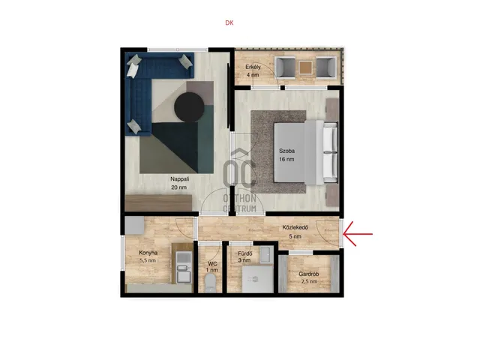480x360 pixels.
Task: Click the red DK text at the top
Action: (x=229, y=22)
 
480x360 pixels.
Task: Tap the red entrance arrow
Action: (x=358, y=234)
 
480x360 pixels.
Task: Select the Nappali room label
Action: (x=180, y=179)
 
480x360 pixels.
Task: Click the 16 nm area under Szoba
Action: (x=286, y=159)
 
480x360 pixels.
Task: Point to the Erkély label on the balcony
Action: (x=253, y=67)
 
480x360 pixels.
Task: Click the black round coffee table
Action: (x=189, y=106)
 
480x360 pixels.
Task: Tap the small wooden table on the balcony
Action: (x=305, y=67)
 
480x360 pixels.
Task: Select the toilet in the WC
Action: (x=210, y=282)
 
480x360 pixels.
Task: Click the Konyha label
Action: (x=148, y=253)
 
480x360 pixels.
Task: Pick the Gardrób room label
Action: (x=308, y=274)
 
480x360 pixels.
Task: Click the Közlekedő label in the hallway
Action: (x=295, y=227)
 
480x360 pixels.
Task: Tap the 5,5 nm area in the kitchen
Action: (x=148, y=261)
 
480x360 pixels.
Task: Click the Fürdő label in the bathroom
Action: (x=245, y=253)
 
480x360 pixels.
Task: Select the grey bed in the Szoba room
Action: (x=306, y=152)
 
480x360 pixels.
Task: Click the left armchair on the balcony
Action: (x=286, y=67)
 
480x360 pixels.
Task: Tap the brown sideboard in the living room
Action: (x=158, y=203)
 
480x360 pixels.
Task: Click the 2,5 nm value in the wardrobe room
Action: (x=309, y=282)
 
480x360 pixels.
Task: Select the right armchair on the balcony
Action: (x=326, y=67)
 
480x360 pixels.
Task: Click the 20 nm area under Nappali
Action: (x=178, y=187)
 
